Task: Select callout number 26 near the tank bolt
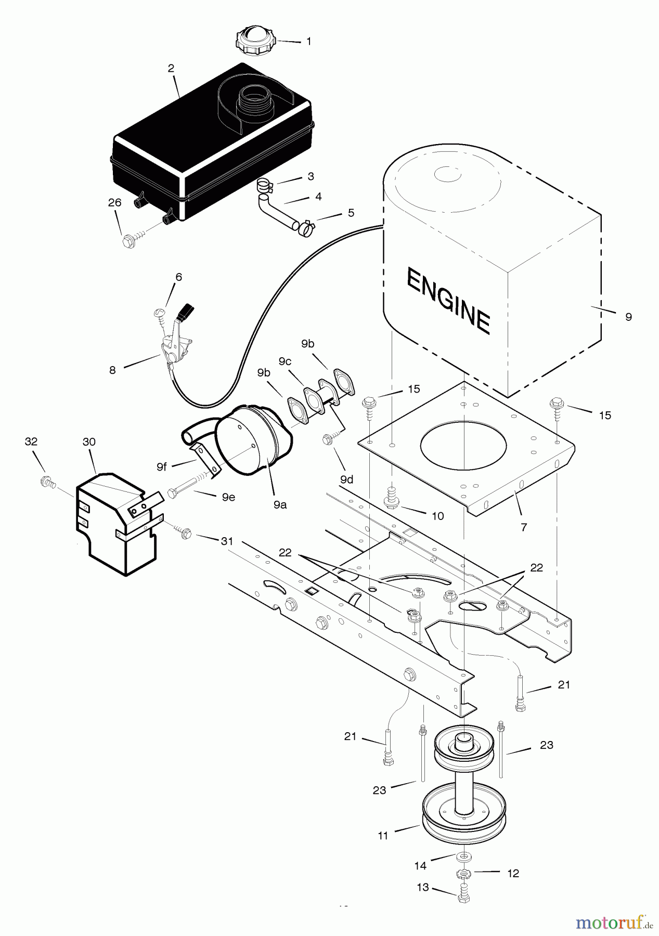tap(114, 203)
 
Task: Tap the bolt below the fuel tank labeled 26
tap(128, 241)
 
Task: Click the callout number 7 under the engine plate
tap(524, 527)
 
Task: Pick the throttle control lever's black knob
tap(185, 312)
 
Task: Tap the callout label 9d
tap(346, 479)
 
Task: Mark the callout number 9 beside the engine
tap(628, 317)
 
